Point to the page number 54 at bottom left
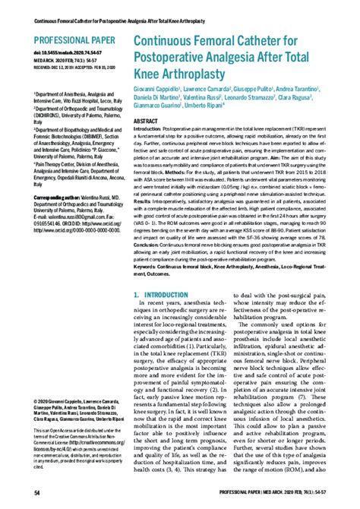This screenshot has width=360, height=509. [x=17, y=495]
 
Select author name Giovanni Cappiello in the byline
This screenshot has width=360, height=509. [x=159, y=90]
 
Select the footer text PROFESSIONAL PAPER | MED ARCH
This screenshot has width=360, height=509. [x=281, y=495]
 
